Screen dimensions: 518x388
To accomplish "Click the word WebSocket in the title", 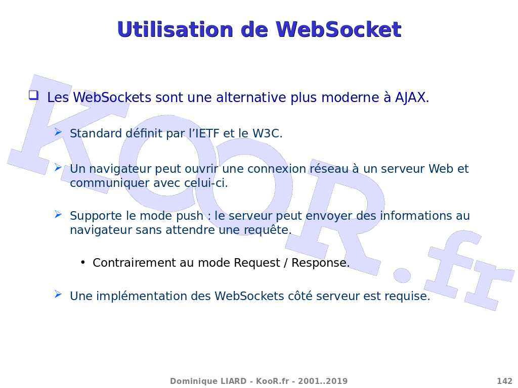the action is pyautogui.click(x=338, y=29).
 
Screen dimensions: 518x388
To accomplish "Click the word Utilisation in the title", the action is pyautogui.click(x=176, y=29).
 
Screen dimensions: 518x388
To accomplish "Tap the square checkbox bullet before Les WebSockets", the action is pyautogui.click(x=33, y=95).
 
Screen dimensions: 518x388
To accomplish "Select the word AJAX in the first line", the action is pyautogui.click(x=412, y=98).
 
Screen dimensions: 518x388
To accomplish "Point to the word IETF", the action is pyautogui.click(x=207, y=133).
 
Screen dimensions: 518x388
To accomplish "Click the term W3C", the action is pyautogui.click(x=267, y=133).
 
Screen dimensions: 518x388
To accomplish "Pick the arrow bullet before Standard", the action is pyautogui.click(x=58, y=132).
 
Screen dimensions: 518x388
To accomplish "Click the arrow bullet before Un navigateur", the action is pyautogui.click(x=58, y=167).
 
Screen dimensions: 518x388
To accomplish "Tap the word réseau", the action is pyautogui.click(x=329, y=169).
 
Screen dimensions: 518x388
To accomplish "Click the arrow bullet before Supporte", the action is pyautogui.click(x=58, y=214).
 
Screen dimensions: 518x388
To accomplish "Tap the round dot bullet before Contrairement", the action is pyautogui.click(x=82, y=263).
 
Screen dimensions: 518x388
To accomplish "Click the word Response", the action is pyautogui.click(x=320, y=263).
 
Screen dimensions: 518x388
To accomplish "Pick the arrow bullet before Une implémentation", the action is pyautogui.click(x=58, y=294).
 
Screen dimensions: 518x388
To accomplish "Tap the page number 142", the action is pyautogui.click(x=504, y=381).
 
